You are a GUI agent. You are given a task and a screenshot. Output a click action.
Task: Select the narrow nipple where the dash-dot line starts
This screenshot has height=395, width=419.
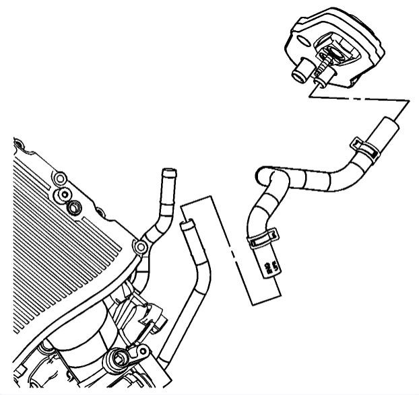(x=319, y=82)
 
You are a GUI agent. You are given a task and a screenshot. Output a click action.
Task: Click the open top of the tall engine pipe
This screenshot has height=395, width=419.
(x=168, y=174)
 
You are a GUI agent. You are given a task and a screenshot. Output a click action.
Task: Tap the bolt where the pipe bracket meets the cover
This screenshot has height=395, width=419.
(x=142, y=247)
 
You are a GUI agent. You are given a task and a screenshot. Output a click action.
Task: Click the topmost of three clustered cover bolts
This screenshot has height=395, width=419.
(x=60, y=178)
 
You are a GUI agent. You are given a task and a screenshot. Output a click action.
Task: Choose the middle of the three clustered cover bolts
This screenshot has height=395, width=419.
(x=66, y=195)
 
